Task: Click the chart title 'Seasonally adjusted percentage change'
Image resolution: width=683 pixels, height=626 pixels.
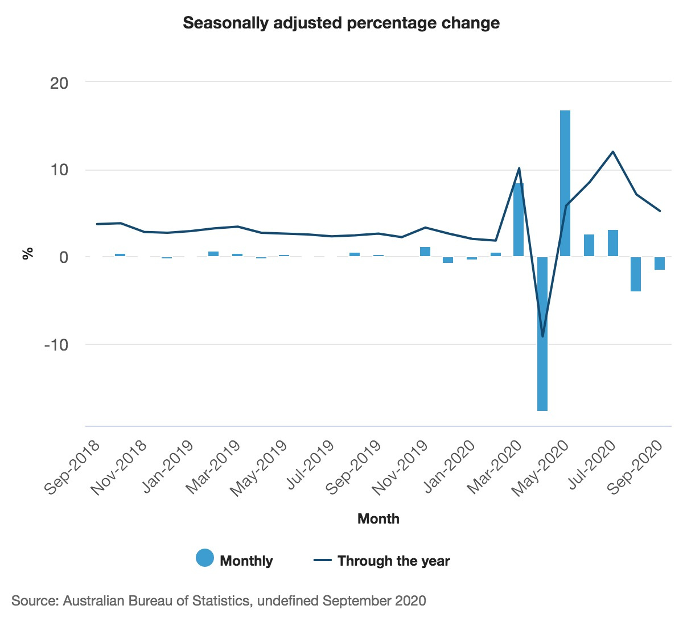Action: pos(341,23)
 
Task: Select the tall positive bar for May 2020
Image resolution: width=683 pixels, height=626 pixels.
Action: pos(565,183)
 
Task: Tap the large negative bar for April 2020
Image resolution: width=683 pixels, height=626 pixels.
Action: pos(542,333)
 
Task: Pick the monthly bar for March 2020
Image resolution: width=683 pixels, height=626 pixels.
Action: pos(519,220)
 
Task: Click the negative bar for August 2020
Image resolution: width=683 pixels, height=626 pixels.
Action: pos(636,274)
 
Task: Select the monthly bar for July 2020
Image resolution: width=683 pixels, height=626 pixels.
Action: pos(613,243)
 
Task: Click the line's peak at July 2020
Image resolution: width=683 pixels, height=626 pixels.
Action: pos(613,151)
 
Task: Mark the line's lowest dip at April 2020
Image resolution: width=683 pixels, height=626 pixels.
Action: pos(542,336)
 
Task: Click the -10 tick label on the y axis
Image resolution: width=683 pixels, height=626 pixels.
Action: pos(56,345)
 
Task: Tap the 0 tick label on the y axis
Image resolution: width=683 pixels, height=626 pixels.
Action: pos(63,257)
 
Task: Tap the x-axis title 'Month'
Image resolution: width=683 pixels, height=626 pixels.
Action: pos(378,518)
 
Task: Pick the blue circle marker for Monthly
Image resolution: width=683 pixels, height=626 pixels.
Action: pos(205,558)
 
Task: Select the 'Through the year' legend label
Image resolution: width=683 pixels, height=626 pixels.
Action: pos(393,561)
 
